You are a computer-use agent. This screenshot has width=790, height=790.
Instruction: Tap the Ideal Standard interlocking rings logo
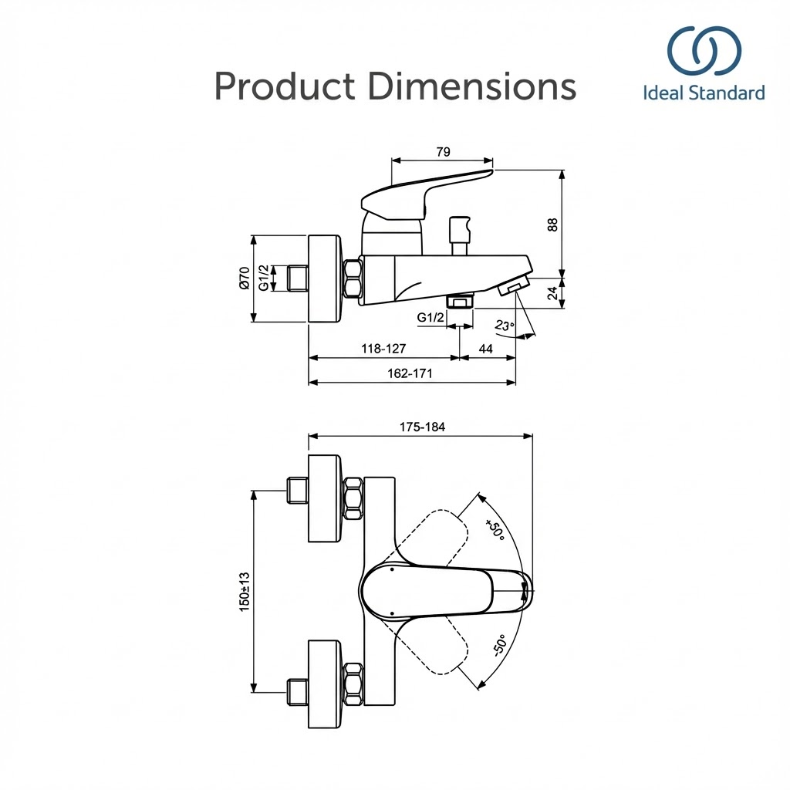point(704,51)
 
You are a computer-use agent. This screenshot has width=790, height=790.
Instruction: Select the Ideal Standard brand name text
point(704,93)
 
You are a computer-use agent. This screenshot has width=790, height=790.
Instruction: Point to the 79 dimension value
point(443,152)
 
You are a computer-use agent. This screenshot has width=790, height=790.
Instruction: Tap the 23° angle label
point(504,326)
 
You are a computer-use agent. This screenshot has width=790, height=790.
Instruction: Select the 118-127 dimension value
point(383,349)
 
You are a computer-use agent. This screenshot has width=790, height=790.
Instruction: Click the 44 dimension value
point(486,349)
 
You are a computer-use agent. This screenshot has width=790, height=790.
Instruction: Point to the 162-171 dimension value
point(410,373)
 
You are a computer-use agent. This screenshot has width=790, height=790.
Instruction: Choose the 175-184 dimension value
point(422,427)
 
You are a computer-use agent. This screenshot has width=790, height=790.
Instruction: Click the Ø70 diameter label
point(244,278)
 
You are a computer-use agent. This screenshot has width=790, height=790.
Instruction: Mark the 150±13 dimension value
point(245,591)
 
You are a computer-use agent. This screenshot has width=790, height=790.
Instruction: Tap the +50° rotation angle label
point(495,531)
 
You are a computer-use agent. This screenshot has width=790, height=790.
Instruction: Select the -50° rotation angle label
point(499,645)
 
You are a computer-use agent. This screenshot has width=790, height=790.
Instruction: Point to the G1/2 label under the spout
point(430,317)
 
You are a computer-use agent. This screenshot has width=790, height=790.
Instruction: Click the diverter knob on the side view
point(460,226)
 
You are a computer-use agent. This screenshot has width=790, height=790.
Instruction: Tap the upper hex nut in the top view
point(353,499)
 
